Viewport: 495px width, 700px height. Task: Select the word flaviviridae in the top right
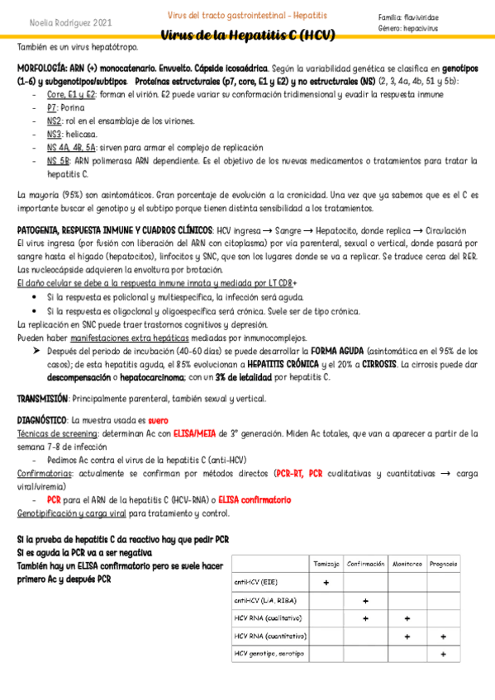[x=421, y=17]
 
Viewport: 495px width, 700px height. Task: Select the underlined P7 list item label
[x=52, y=107]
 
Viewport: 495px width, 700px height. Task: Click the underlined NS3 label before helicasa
[x=54, y=134]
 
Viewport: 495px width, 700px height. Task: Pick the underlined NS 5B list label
[x=58, y=160]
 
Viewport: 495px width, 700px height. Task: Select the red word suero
[x=158, y=420]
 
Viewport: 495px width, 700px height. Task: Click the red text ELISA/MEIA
[x=196, y=433]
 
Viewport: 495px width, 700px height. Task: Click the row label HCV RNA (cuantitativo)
[x=270, y=636]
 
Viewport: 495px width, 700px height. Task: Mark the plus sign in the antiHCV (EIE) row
[x=326, y=582]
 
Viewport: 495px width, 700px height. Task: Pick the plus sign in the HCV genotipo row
[x=444, y=655]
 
